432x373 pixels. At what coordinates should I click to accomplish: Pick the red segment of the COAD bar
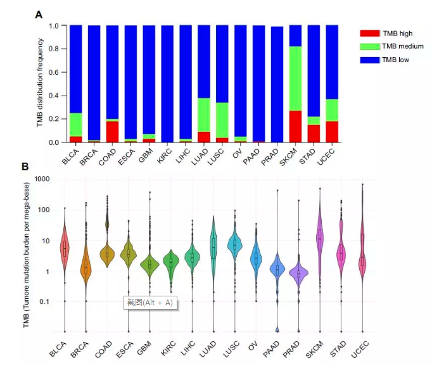click(112, 132)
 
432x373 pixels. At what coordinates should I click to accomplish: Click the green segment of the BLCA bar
click(76, 125)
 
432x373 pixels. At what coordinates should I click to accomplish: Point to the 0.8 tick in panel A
click(54, 49)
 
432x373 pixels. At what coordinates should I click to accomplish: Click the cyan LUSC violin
click(235, 244)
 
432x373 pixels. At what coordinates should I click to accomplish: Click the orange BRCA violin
click(86, 266)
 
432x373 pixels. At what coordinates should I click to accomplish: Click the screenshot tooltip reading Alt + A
click(151, 303)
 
